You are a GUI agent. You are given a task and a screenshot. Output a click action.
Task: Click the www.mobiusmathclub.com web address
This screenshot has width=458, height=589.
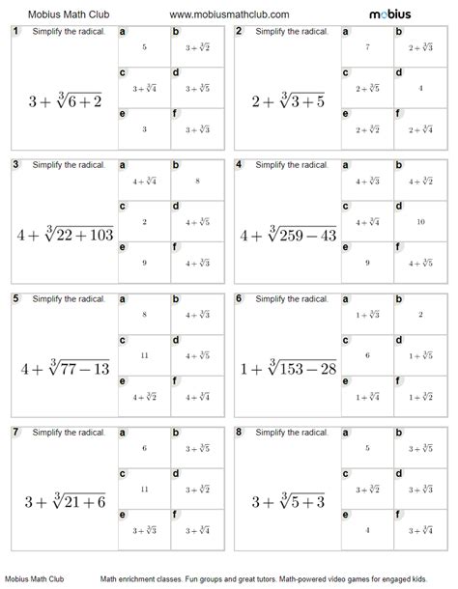pyautogui.click(x=229, y=14)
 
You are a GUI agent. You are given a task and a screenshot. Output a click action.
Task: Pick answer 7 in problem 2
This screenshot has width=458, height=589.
pyautogui.click(x=367, y=45)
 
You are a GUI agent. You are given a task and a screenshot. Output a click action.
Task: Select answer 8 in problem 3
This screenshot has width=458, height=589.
pyautogui.click(x=197, y=179)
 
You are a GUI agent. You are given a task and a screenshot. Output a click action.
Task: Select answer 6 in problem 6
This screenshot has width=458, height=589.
pyautogui.click(x=367, y=354)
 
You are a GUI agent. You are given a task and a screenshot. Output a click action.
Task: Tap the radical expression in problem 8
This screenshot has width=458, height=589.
pyautogui.click(x=288, y=501)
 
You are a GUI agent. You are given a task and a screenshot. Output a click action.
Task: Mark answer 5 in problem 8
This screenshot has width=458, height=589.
pyautogui.click(x=367, y=447)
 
